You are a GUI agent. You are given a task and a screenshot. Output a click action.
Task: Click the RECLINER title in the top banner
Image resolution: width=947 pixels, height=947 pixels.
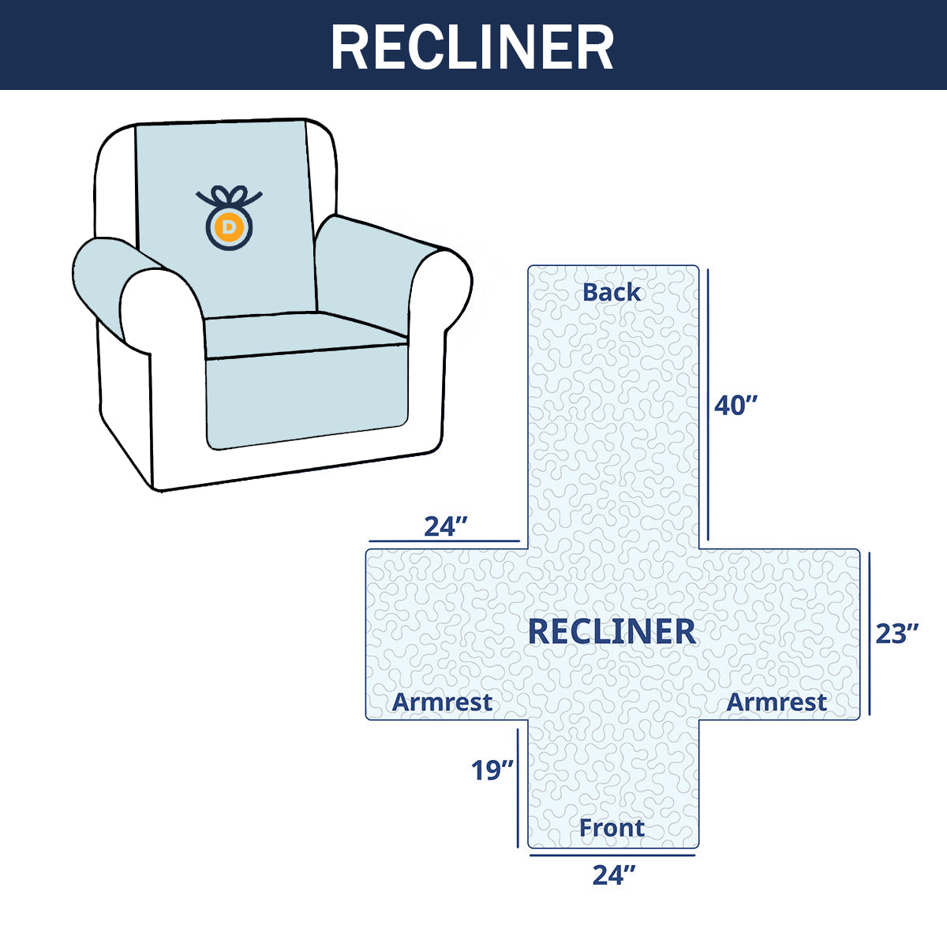(472, 47)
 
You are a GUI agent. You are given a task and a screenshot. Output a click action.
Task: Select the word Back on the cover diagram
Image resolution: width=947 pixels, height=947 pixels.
(612, 292)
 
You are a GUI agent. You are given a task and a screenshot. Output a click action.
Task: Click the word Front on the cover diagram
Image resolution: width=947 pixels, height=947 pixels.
(612, 828)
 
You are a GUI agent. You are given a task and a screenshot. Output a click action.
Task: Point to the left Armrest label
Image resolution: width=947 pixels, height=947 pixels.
(442, 702)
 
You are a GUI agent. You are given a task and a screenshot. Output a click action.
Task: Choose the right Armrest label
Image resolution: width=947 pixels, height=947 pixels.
(777, 702)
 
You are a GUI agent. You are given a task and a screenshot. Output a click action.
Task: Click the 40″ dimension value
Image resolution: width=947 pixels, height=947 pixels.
(736, 406)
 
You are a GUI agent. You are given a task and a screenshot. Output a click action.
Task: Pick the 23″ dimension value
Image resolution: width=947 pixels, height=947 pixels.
(897, 633)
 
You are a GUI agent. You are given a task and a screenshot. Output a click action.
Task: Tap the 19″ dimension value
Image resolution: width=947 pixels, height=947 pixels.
(492, 769)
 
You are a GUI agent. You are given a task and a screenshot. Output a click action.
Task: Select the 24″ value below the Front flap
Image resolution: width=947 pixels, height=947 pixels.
(614, 874)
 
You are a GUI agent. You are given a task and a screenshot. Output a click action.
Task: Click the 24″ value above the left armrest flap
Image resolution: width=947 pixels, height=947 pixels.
(446, 526)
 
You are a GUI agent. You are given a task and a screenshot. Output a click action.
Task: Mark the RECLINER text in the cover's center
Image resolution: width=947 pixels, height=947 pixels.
(612, 631)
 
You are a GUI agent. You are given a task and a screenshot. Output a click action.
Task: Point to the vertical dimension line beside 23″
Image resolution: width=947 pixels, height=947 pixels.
(870, 633)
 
